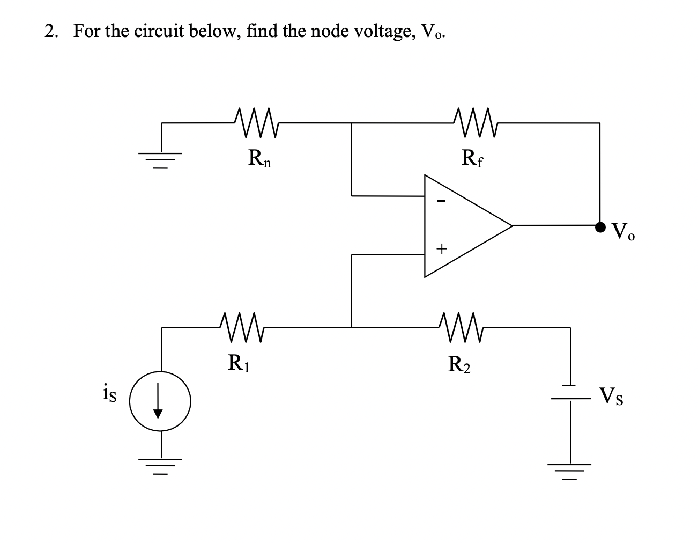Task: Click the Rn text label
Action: (x=259, y=159)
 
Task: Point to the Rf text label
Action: (x=472, y=159)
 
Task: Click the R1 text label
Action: (x=238, y=364)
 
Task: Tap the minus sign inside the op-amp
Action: (x=441, y=201)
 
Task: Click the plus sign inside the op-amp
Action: (x=441, y=249)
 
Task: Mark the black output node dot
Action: (x=600, y=226)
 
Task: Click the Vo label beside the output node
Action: (x=624, y=232)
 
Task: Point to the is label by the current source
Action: (x=110, y=394)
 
